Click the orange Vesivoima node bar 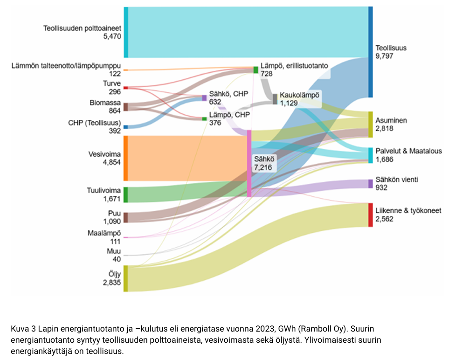click(126, 158)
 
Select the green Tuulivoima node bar click(126, 195)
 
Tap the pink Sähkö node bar click(249, 164)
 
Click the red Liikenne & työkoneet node click(371, 215)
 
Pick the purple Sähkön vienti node click(371, 184)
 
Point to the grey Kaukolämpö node click(275, 99)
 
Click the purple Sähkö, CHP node click(204, 98)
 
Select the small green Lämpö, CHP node click(204, 119)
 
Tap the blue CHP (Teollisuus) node click(126, 127)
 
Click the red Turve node click(126, 88)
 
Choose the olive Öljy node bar click(126, 278)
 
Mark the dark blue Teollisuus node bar click(371, 52)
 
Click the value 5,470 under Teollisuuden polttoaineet click(112, 36)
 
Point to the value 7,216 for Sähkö click(263, 167)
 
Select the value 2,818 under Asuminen click(385, 128)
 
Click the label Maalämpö click(104, 233)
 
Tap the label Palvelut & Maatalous click(408, 151)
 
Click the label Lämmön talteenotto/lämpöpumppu click(66, 66)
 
